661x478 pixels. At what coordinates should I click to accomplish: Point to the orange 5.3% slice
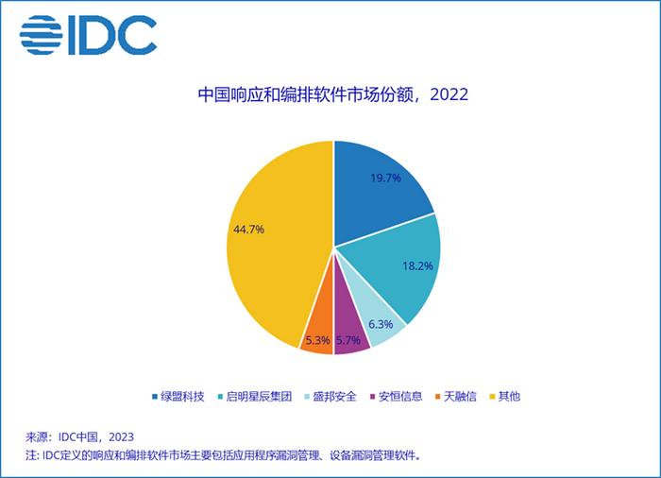(318, 337)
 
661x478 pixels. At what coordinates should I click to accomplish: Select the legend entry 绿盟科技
(180, 396)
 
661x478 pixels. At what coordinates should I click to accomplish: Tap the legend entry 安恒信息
(398, 396)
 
